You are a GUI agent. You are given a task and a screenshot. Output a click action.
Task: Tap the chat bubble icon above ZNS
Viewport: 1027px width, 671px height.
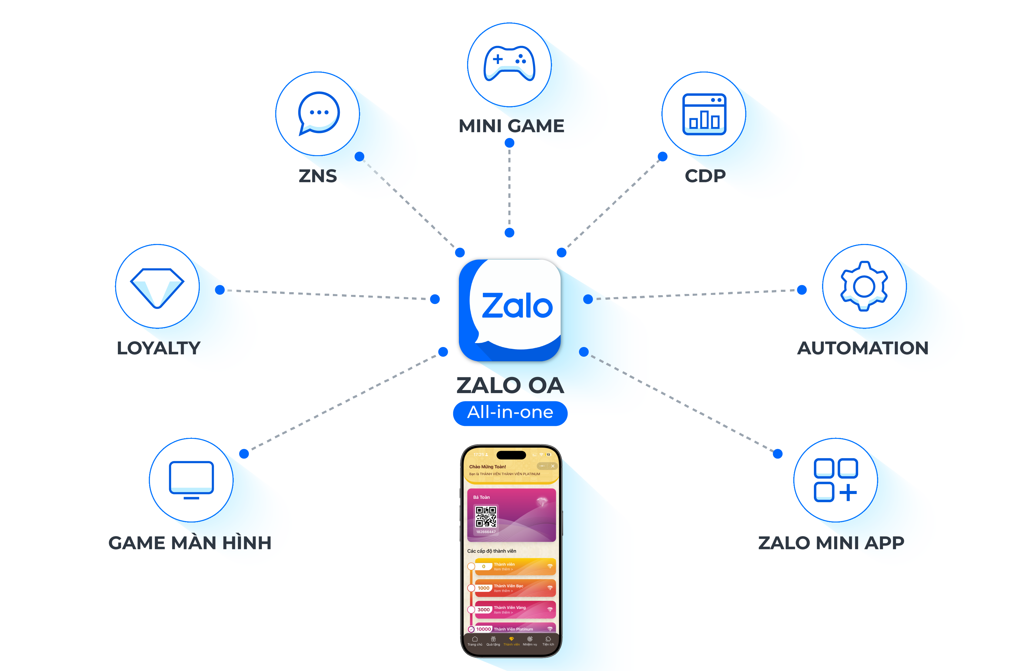(x=319, y=113)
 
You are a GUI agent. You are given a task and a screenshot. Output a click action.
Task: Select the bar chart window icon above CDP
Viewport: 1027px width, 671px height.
(x=704, y=114)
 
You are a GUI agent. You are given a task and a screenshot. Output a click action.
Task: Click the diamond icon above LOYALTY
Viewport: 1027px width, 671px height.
(x=158, y=287)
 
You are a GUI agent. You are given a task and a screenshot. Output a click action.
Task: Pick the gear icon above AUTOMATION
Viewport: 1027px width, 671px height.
(x=864, y=286)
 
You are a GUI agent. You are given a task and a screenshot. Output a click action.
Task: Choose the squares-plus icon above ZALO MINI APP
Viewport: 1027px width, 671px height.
(x=835, y=480)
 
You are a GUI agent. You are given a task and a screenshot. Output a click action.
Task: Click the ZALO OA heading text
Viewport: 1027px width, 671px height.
(x=510, y=385)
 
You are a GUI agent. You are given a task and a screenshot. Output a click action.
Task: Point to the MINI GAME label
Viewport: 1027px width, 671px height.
(x=511, y=126)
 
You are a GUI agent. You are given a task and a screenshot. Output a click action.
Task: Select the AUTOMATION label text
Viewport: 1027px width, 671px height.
(x=863, y=348)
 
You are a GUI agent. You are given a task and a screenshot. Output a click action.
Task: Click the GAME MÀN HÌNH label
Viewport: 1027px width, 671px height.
(x=190, y=543)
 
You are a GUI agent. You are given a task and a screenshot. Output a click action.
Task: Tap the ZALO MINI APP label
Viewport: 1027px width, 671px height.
(x=831, y=543)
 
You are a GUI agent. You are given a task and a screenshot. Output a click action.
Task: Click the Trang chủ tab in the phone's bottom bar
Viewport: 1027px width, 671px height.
(x=475, y=641)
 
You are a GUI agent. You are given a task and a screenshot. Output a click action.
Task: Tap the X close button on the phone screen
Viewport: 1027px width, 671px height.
(x=553, y=466)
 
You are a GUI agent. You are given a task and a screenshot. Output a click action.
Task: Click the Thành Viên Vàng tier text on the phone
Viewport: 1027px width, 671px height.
(x=510, y=608)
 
